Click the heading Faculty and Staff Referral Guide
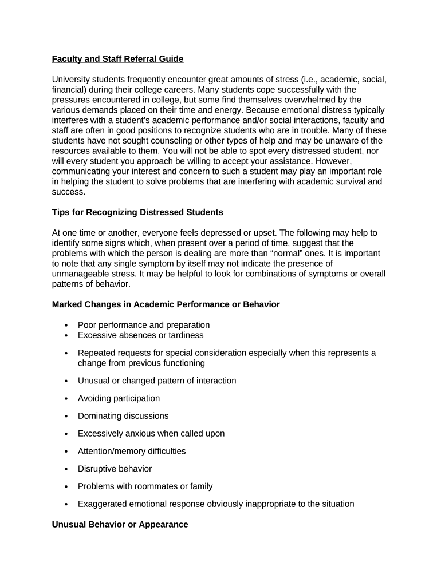pyautogui.click(x=117, y=58)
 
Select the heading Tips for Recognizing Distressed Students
pyautogui.click(x=137, y=212)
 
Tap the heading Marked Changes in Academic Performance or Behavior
pyautogui.click(x=166, y=304)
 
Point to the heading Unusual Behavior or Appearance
pyautogui.click(x=120, y=524)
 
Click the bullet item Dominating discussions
pyautogui.click(x=123, y=416)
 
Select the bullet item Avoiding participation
pyautogui.click(x=119, y=398)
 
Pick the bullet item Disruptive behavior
pyautogui.click(x=115, y=469)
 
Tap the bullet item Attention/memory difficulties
pyautogui.click(x=132, y=451)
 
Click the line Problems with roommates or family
pyautogui.click(x=145, y=486)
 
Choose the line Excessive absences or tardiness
pyautogui.click(x=140, y=335)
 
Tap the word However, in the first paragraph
pyautogui.click(x=333, y=161)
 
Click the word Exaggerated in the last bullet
pyautogui.click(x=101, y=504)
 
